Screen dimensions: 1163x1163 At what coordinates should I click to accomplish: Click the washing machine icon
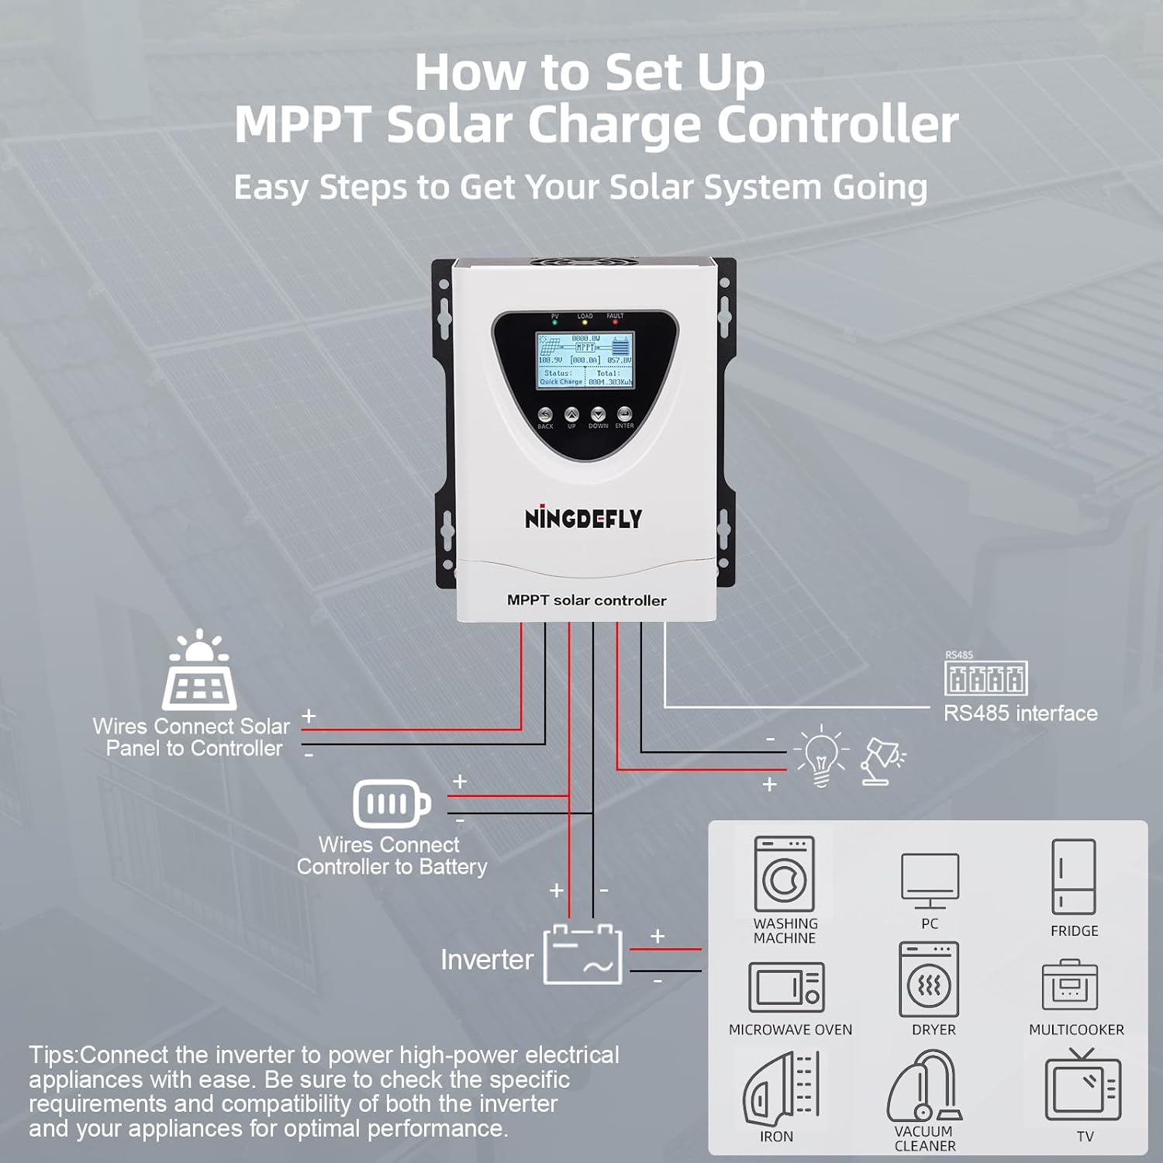point(784,874)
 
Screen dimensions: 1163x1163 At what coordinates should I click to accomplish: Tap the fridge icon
point(1074,876)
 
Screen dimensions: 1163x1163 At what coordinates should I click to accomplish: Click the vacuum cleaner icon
point(923,1085)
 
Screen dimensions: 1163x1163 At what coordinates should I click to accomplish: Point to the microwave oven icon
point(786,987)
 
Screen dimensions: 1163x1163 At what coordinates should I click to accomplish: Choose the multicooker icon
point(1070,985)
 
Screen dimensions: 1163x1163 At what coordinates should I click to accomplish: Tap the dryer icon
point(929,980)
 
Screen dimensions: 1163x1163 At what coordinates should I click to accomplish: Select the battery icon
point(392,803)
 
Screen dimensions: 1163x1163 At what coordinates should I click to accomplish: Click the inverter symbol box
point(583,955)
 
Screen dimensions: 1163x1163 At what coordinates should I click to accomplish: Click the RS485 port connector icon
point(986,678)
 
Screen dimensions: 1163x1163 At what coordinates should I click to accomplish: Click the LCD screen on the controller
point(585,361)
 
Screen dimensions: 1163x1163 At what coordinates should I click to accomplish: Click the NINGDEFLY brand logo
point(583,518)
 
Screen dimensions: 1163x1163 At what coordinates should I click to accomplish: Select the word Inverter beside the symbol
point(487,960)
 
